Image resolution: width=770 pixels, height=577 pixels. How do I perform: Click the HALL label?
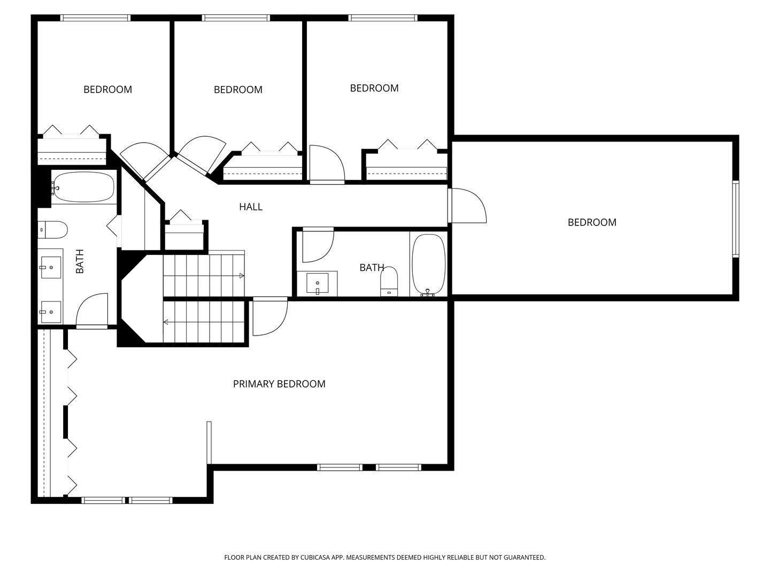[x=250, y=207]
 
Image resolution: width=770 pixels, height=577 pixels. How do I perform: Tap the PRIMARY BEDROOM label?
[x=279, y=384]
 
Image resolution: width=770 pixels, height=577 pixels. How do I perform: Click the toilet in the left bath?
[x=52, y=230]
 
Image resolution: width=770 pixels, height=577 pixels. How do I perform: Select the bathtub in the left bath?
[x=83, y=187]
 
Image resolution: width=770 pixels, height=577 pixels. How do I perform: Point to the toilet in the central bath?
[x=389, y=282]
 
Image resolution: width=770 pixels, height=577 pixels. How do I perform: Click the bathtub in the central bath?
[x=428, y=265]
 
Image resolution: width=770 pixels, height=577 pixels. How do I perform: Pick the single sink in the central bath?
[x=317, y=283]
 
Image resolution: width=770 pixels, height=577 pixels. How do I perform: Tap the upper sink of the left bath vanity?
[x=51, y=267]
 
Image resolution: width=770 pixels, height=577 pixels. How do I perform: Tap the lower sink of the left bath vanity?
[x=51, y=312]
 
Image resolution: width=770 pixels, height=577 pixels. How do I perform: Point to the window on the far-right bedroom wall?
[x=736, y=219]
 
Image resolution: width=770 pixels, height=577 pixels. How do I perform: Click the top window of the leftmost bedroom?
[x=95, y=18]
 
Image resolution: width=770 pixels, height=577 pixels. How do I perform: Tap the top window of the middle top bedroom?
[x=236, y=18]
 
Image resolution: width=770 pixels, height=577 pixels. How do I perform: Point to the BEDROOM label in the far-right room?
[x=592, y=222]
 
